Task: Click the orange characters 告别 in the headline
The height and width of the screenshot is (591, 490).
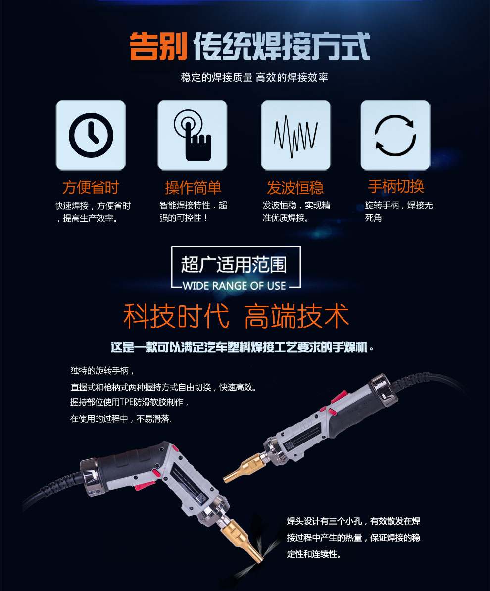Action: [x=158, y=47]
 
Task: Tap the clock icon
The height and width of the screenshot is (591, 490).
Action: [x=91, y=135]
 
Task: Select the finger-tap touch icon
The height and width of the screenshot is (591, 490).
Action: [x=193, y=136]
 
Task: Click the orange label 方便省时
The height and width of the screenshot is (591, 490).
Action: [x=91, y=187]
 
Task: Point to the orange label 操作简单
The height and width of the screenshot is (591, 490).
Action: [x=193, y=187]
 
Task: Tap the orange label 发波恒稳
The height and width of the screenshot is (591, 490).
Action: [x=295, y=187]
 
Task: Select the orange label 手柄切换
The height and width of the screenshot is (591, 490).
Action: [x=396, y=186]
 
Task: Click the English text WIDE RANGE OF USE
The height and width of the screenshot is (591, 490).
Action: [x=234, y=286]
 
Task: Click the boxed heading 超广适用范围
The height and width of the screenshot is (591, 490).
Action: [x=234, y=265]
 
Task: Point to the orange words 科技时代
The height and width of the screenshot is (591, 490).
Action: [x=176, y=316]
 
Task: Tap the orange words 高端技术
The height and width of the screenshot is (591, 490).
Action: [x=296, y=316]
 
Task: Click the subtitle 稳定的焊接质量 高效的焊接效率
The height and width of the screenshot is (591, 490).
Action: [x=254, y=77]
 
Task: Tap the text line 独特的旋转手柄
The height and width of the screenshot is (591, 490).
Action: [x=102, y=371]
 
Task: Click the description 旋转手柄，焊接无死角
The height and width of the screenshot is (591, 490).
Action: [x=399, y=211]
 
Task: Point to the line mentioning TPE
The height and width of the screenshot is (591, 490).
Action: [x=130, y=402]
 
